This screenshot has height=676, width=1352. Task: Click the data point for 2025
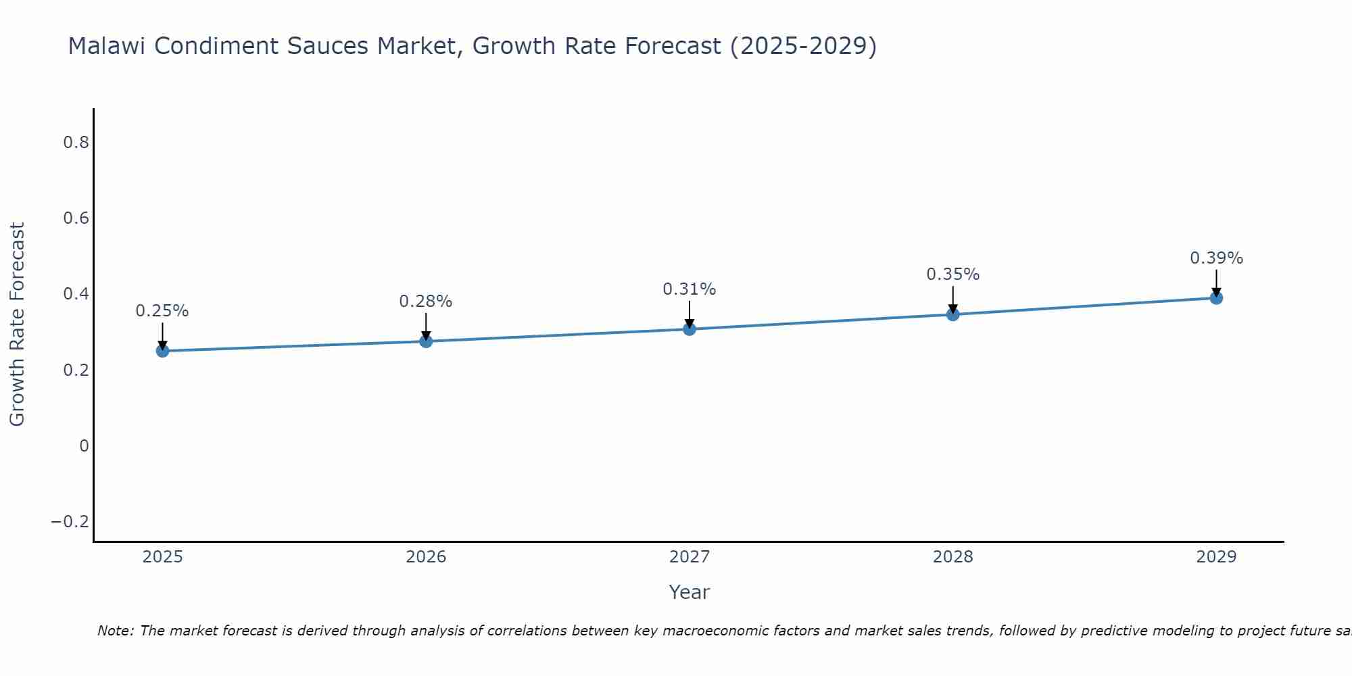(x=162, y=351)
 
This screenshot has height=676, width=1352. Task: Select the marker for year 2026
(x=426, y=341)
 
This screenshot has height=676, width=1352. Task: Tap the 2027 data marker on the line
(x=690, y=329)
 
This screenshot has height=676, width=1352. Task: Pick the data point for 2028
(x=953, y=314)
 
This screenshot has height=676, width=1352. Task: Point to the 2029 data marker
(x=1216, y=298)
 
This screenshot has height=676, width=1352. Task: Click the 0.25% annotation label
(x=162, y=311)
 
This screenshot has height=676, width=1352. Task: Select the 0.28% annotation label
(x=426, y=301)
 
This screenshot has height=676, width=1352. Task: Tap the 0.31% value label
(x=690, y=289)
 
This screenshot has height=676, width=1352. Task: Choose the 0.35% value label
(x=953, y=274)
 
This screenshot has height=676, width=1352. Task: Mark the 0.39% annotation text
(x=1216, y=258)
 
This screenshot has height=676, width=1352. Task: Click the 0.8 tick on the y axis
(x=76, y=143)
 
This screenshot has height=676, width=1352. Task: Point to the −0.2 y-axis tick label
(x=70, y=522)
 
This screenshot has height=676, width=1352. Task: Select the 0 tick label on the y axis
(x=84, y=446)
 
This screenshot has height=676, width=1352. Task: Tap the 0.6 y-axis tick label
(x=76, y=218)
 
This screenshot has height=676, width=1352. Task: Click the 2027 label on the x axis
(x=690, y=557)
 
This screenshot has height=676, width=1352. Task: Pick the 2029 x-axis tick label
(x=1216, y=557)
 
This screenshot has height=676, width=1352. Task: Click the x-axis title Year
(x=690, y=593)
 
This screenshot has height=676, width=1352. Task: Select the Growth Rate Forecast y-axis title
(x=18, y=324)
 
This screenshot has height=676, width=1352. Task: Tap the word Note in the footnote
(x=116, y=631)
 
